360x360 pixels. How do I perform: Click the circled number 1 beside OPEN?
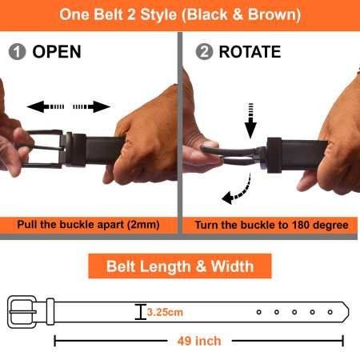(x=17, y=52)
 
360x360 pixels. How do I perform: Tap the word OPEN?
(x=57, y=52)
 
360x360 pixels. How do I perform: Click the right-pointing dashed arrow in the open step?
(x=90, y=106)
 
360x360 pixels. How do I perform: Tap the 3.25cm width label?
(x=164, y=311)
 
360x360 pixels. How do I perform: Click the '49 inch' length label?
(x=198, y=341)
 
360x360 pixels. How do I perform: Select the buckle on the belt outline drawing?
(x=22, y=311)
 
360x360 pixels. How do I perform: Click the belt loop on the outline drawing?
(x=50, y=311)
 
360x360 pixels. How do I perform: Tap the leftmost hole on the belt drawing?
(x=258, y=311)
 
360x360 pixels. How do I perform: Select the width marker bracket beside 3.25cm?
(x=141, y=311)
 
